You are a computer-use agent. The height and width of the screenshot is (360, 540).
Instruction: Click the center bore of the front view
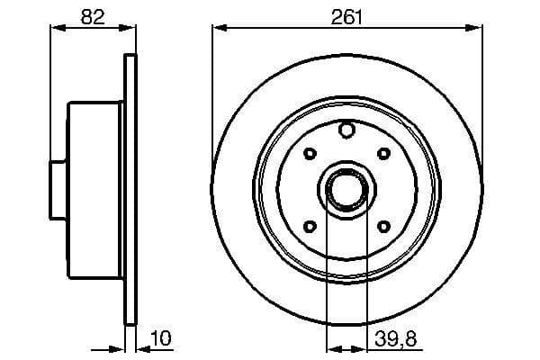[x=346, y=189]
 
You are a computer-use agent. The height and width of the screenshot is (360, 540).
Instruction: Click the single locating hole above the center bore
[x=346, y=132]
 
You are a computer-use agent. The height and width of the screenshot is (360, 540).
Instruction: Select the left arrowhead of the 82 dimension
[x=53, y=28]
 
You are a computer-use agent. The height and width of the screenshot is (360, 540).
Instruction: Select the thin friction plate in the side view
[x=129, y=189]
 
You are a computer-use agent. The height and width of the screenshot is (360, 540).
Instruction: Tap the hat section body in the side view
[x=94, y=189]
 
